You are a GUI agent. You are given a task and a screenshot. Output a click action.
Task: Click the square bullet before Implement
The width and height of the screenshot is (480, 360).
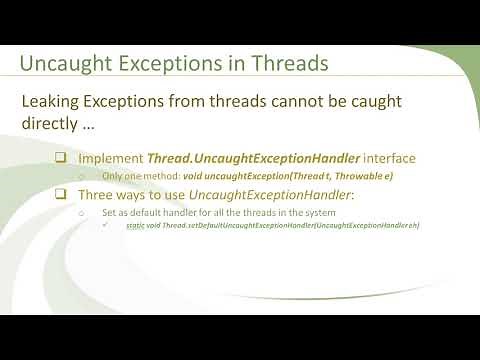click(x=61, y=159)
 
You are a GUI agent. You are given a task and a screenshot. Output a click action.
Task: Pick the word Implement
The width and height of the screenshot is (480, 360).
click(x=110, y=159)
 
